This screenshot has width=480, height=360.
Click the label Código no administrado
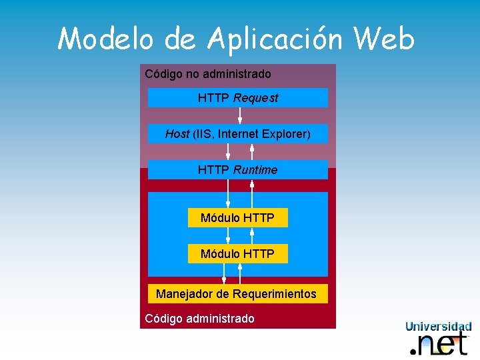tap(208, 74)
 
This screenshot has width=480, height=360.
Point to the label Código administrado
tap(199, 319)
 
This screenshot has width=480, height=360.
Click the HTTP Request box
tap(237, 98)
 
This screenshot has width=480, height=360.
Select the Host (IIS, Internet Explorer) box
tap(237, 134)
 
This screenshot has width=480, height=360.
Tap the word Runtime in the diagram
tap(255, 170)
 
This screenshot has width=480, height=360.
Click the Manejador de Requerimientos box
tap(237, 294)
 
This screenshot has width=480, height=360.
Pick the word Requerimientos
tap(275, 294)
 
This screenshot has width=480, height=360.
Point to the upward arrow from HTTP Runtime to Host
tap(252, 151)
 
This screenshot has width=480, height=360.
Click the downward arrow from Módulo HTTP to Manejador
tap(224, 273)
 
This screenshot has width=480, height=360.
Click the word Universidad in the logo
tap(439, 327)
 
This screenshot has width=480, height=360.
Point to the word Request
tap(256, 98)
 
